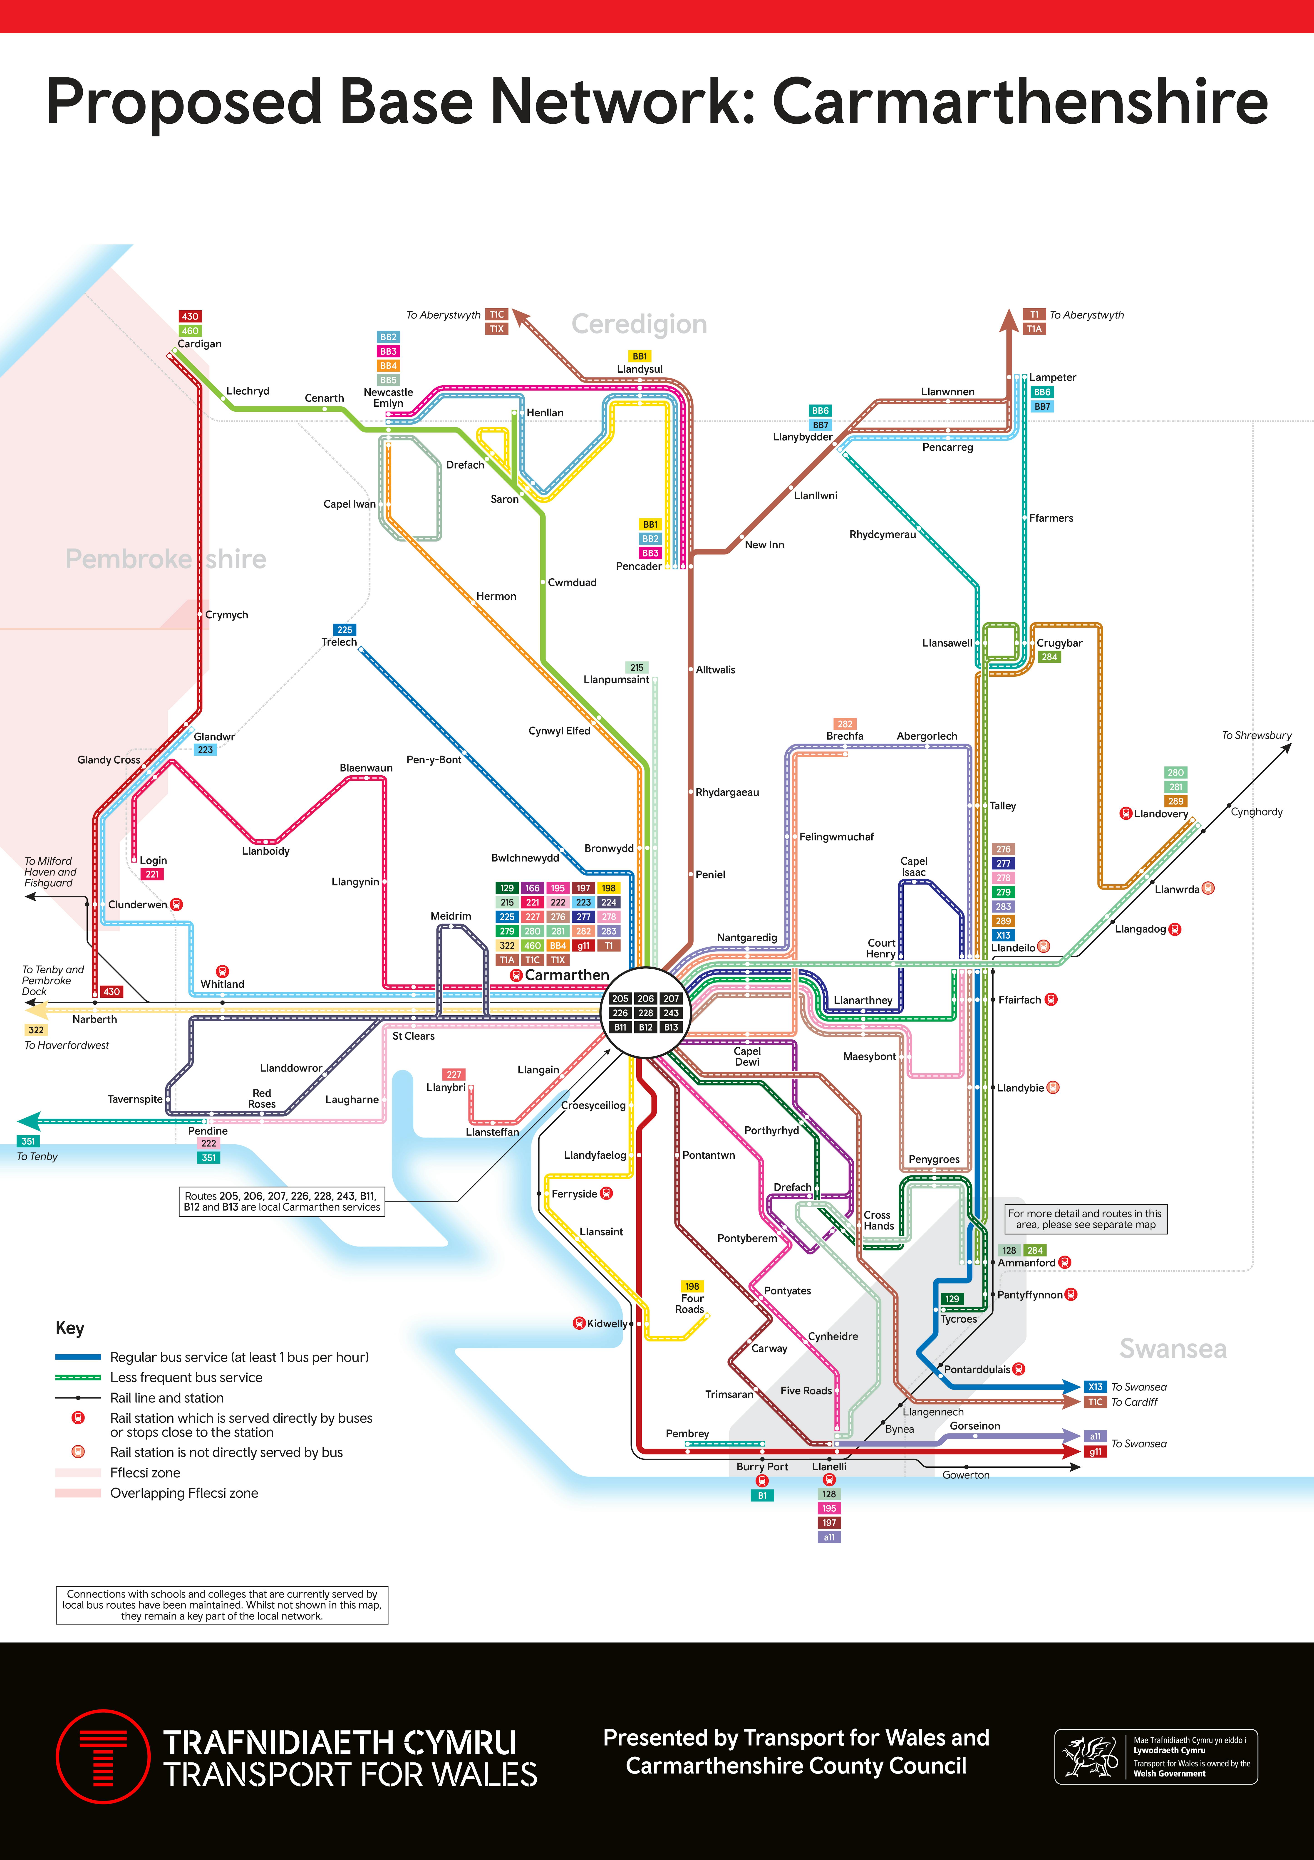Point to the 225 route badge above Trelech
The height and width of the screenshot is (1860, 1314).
344,629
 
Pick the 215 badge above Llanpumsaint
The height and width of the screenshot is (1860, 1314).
637,668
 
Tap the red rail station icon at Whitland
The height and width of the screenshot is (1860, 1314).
222,971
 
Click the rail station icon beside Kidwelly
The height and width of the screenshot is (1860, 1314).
578,1323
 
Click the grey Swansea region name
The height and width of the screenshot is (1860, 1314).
1172,1349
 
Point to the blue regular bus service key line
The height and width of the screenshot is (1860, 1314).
78,1357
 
